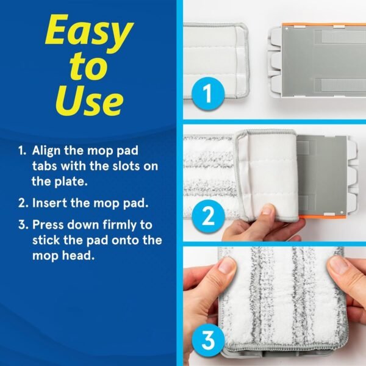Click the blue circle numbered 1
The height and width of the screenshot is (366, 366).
208,95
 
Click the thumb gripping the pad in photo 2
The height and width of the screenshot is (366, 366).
266,211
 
